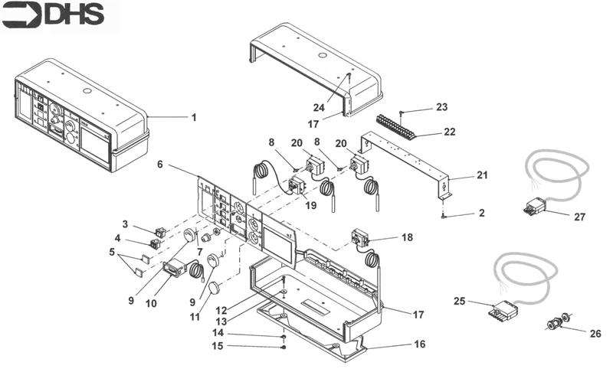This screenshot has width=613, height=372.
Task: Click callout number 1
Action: pos(194,117)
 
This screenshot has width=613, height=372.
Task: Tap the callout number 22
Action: pos(451,132)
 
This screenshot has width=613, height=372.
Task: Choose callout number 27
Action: pos(579,217)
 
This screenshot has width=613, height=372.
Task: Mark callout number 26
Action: pos(595,334)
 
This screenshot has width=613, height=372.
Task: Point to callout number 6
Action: pos(160,164)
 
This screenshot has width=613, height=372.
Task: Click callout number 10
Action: pos(151,303)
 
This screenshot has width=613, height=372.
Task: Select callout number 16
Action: pos(419,344)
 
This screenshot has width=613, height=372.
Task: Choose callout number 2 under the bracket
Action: pos(481,214)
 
